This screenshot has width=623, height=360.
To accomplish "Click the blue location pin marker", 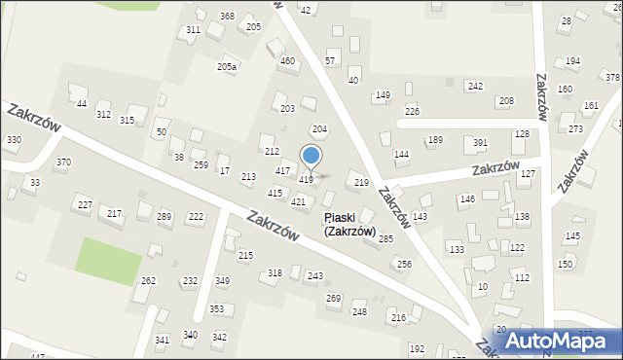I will tap(311, 156).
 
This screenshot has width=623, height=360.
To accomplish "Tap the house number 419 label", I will tap(306, 180).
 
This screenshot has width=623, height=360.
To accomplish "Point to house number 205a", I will tap(226, 66).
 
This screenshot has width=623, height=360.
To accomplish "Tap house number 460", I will tap(287, 61).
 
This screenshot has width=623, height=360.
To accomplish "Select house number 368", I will tap(227, 17).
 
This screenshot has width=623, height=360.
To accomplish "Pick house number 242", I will tap(475, 87).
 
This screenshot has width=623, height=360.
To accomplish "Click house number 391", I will tap(480, 143).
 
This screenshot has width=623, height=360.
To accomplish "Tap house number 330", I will tap(14, 140).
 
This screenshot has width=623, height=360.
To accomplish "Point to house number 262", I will tap(148, 280).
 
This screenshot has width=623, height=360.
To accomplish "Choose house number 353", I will tap(216, 308).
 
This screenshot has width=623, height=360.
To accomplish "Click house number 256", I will tap(404, 264).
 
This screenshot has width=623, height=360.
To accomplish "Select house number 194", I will tap(572, 61).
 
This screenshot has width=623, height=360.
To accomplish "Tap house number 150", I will tap(565, 264).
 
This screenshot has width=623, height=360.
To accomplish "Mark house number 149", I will tap(383, 94).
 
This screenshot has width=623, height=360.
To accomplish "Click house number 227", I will tap(86, 204).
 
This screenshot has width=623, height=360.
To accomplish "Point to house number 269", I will tap(333, 298).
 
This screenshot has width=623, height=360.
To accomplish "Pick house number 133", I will tap(456, 249).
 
